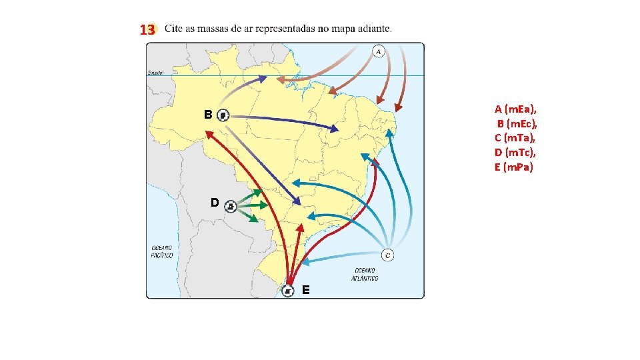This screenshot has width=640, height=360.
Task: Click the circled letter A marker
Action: (x=379, y=51)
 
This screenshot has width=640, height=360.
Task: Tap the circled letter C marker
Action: (x=387, y=255)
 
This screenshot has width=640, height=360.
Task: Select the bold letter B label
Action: (x=208, y=115)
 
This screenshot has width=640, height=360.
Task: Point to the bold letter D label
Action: (x=215, y=201)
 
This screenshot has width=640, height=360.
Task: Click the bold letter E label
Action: (x=305, y=290)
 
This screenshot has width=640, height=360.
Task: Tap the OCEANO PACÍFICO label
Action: (x=162, y=251)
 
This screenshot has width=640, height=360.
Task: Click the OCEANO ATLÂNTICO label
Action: (x=365, y=274)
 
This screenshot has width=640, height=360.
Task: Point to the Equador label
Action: (x=157, y=73)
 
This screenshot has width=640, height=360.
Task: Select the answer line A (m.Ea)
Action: (x=515, y=109)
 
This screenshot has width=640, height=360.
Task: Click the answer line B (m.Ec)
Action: (x=517, y=123)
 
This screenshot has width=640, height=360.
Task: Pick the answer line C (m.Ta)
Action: (x=515, y=138)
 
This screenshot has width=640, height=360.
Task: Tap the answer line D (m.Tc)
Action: (x=515, y=153)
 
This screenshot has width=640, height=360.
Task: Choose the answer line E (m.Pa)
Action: (x=513, y=167)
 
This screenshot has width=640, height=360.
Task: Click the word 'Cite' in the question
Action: (x=173, y=29)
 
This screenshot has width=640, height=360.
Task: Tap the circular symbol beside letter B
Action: (x=224, y=115)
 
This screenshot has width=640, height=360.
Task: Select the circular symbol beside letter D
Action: (x=231, y=206)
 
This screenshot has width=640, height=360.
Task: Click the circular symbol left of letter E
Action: (x=287, y=291)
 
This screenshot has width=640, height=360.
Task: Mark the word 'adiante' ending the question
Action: (x=375, y=29)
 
